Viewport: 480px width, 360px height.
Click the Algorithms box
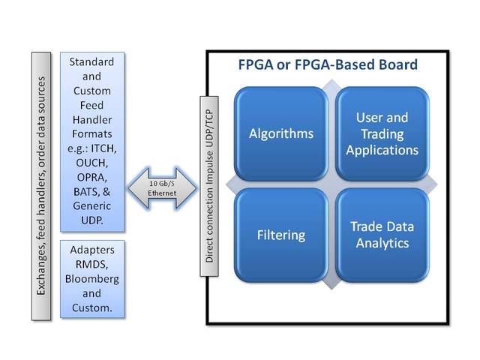281,133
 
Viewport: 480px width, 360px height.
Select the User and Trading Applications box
382,133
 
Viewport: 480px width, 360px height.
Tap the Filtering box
281,235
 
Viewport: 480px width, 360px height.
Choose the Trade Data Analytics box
382,235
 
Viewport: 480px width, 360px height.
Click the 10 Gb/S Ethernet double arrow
162,188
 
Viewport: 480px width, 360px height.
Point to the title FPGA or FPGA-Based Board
328,64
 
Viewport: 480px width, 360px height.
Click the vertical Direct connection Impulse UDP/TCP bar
209,186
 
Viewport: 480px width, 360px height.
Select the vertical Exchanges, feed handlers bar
41,186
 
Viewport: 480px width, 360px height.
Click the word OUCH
91,163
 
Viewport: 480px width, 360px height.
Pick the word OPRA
91,177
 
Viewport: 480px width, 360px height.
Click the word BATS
86,192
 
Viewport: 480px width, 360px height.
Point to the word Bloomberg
92,279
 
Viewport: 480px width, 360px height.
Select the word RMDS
91,264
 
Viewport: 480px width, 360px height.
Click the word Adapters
92,250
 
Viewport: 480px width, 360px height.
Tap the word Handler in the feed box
92,120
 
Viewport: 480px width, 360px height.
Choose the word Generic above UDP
91,206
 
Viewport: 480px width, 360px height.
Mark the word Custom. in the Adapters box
92,307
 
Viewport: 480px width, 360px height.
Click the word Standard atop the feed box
91,61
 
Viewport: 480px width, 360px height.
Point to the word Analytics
382,243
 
